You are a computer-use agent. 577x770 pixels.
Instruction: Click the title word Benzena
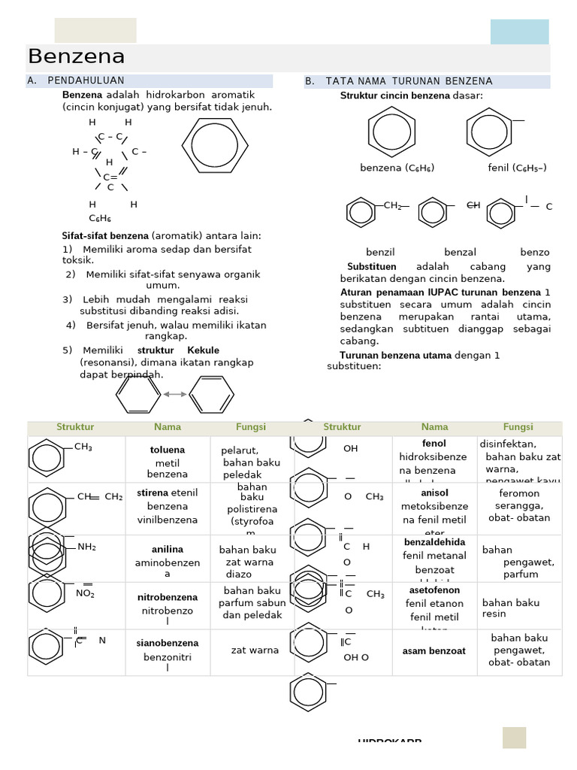tap(77, 57)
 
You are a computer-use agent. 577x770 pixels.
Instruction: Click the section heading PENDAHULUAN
tap(86, 80)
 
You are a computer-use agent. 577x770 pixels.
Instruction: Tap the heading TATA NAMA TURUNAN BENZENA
tap(409, 81)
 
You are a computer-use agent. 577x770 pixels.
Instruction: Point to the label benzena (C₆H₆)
tap(397, 168)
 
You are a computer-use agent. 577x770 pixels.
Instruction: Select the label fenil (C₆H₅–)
tap(517, 168)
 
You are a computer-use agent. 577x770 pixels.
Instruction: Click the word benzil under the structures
tap(380, 253)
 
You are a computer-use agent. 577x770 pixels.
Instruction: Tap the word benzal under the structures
tap(460, 253)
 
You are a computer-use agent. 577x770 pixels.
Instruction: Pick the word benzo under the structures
tap(534, 253)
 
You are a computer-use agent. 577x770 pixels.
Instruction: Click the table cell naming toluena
tap(168, 450)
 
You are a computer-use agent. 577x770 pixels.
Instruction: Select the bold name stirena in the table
tap(153, 493)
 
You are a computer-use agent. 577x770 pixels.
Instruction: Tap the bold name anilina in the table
tap(168, 550)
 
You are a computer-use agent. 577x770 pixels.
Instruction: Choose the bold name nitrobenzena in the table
tap(168, 598)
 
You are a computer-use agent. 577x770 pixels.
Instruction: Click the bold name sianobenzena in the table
tap(168, 644)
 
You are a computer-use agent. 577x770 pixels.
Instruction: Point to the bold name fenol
tap(434, 444)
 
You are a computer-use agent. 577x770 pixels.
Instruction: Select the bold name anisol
tap(434, 493)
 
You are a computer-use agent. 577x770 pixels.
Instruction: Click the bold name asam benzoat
tap(434, 651)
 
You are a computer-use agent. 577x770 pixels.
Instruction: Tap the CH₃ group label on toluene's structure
tap(83, 447)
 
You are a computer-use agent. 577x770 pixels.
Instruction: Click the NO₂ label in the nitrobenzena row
tap(85, 593)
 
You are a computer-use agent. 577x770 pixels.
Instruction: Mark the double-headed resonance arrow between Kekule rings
tap(175, 393)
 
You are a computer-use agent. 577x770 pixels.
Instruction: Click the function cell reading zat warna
tap(255, 650)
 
